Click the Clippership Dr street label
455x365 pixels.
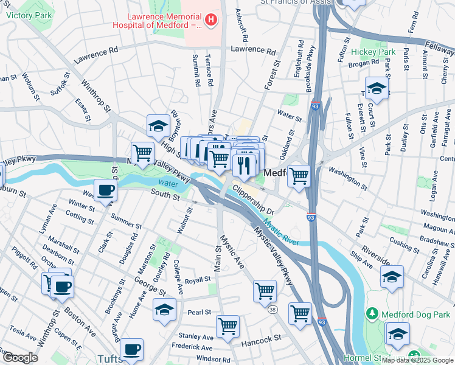(254, 202)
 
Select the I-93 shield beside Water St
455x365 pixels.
(315, 106)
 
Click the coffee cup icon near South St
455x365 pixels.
(105, 190)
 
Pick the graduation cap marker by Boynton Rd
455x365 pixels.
(158, 126)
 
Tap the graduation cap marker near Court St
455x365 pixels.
(377, 88)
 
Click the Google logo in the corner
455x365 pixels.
(19, 358)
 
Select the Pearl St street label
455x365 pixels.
(199, 312)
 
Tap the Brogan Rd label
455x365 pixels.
(364, 63)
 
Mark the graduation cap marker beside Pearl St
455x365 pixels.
(164, 309)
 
